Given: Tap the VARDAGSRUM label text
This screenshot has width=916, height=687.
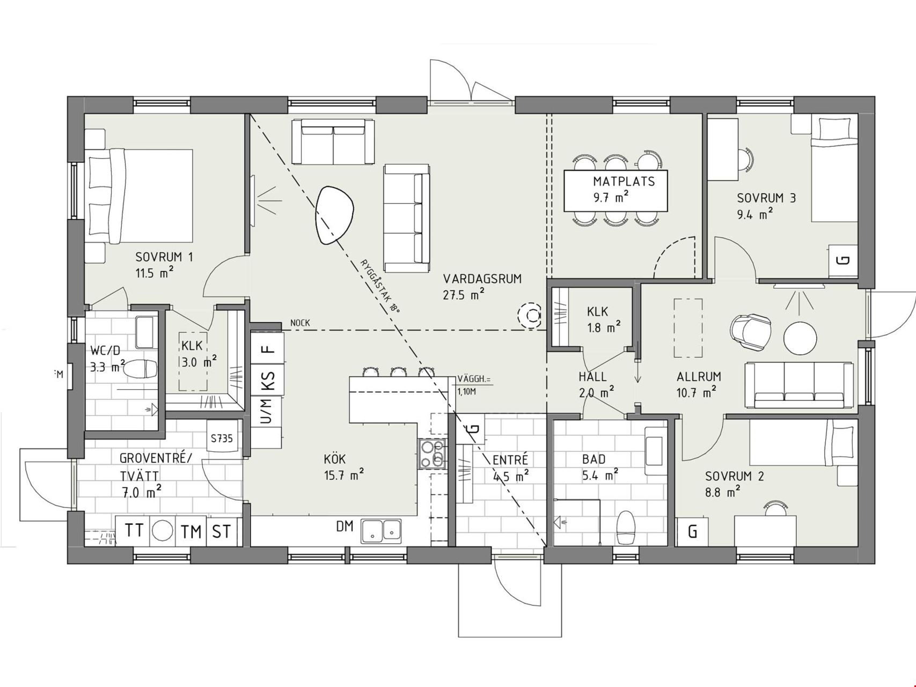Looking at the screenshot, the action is [482, 279].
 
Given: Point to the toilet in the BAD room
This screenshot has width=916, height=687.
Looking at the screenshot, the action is [626, 528].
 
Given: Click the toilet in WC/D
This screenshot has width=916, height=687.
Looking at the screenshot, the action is [142, 369].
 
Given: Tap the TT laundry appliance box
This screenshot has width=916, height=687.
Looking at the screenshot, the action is [134, 531].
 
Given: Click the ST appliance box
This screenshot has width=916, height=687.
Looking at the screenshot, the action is [222, 531].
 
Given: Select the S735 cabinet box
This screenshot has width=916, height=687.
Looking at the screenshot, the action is [222, 438].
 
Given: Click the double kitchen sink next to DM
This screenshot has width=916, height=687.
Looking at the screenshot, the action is [381, 530].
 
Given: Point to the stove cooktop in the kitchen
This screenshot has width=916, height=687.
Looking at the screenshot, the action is [433, 454].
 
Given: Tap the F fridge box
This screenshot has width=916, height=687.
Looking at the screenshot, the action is [267, 349].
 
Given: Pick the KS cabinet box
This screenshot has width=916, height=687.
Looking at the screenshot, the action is [267, 381].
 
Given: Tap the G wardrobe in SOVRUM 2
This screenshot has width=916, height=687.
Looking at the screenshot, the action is [693, 532].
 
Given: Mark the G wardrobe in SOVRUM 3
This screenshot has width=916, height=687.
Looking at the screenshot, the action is [844, 261].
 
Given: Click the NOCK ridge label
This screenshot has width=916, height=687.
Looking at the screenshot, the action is [300, 323].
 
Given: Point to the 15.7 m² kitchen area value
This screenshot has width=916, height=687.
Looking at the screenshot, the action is [344, 474].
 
